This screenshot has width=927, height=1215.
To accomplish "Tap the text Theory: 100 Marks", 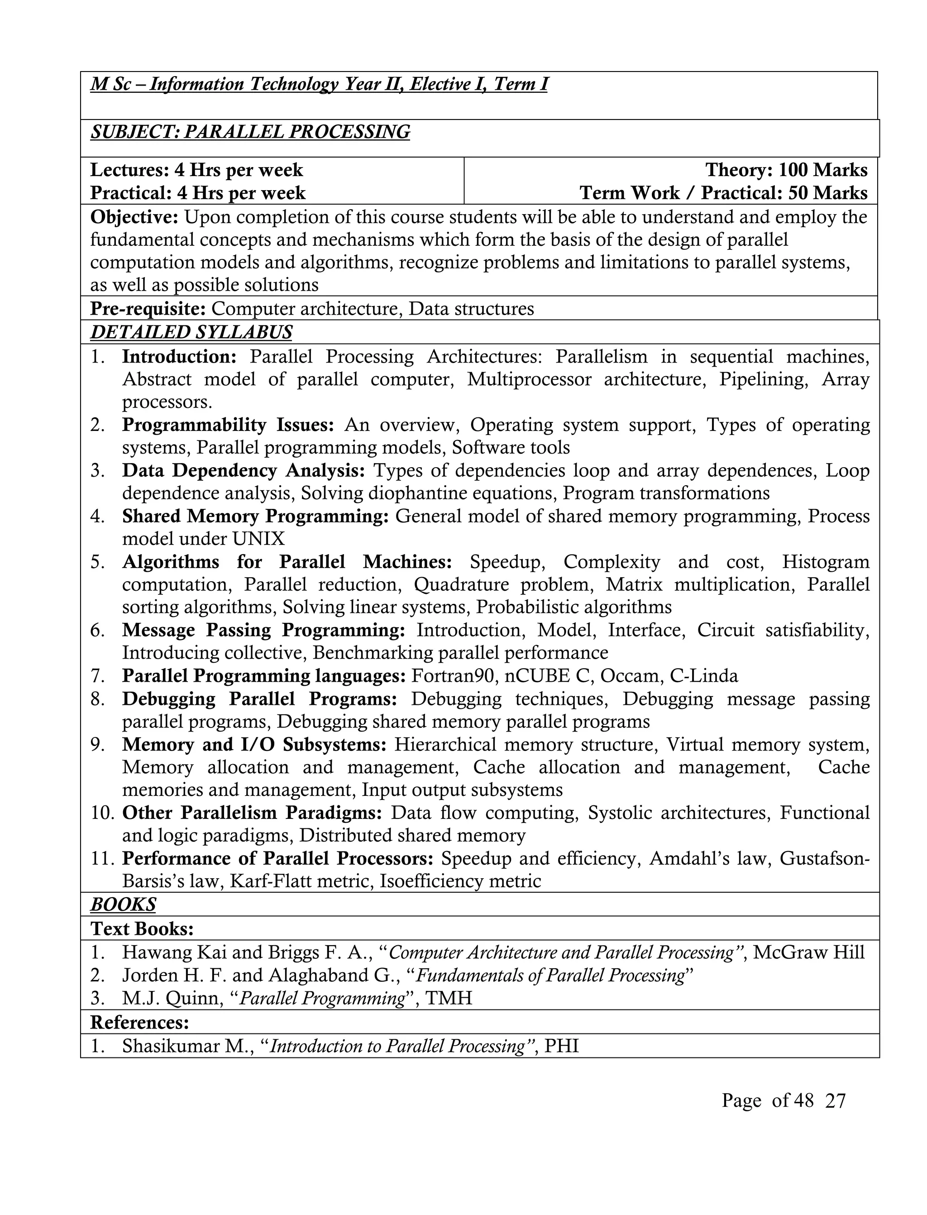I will tap(786, 170).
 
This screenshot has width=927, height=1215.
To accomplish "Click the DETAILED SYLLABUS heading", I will tap(191, 332).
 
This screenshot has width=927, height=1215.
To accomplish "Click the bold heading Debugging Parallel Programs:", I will tap(259, 699).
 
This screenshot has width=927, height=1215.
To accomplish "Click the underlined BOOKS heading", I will tap(123, 904).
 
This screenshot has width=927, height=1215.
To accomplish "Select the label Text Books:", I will tap(142, 928).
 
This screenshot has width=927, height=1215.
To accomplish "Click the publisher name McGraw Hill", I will tap(808, 952).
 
